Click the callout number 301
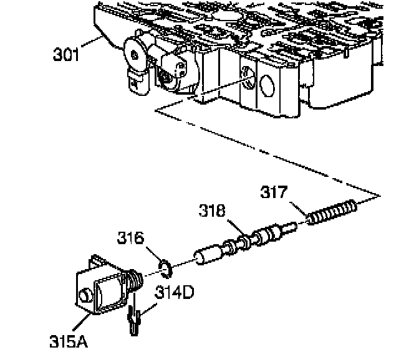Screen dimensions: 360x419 pyautogui.click(x=67, y=55)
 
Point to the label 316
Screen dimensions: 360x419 pyautogui.click(x=131, y=239)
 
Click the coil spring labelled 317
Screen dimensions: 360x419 pyautogui.click(x=332, y=212)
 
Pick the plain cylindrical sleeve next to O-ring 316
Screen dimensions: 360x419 pyautogui.click(x=208, y=255)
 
